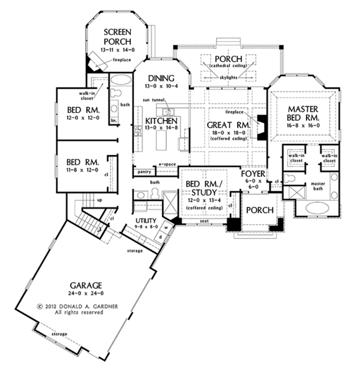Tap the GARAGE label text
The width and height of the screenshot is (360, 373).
coord(84,285)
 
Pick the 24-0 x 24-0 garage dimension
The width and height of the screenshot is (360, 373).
coord(84,294)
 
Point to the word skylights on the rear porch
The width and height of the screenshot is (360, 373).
coord(229,77)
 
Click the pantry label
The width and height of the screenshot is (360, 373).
coord(144,172)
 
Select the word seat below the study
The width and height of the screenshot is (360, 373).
coord(205,221)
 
